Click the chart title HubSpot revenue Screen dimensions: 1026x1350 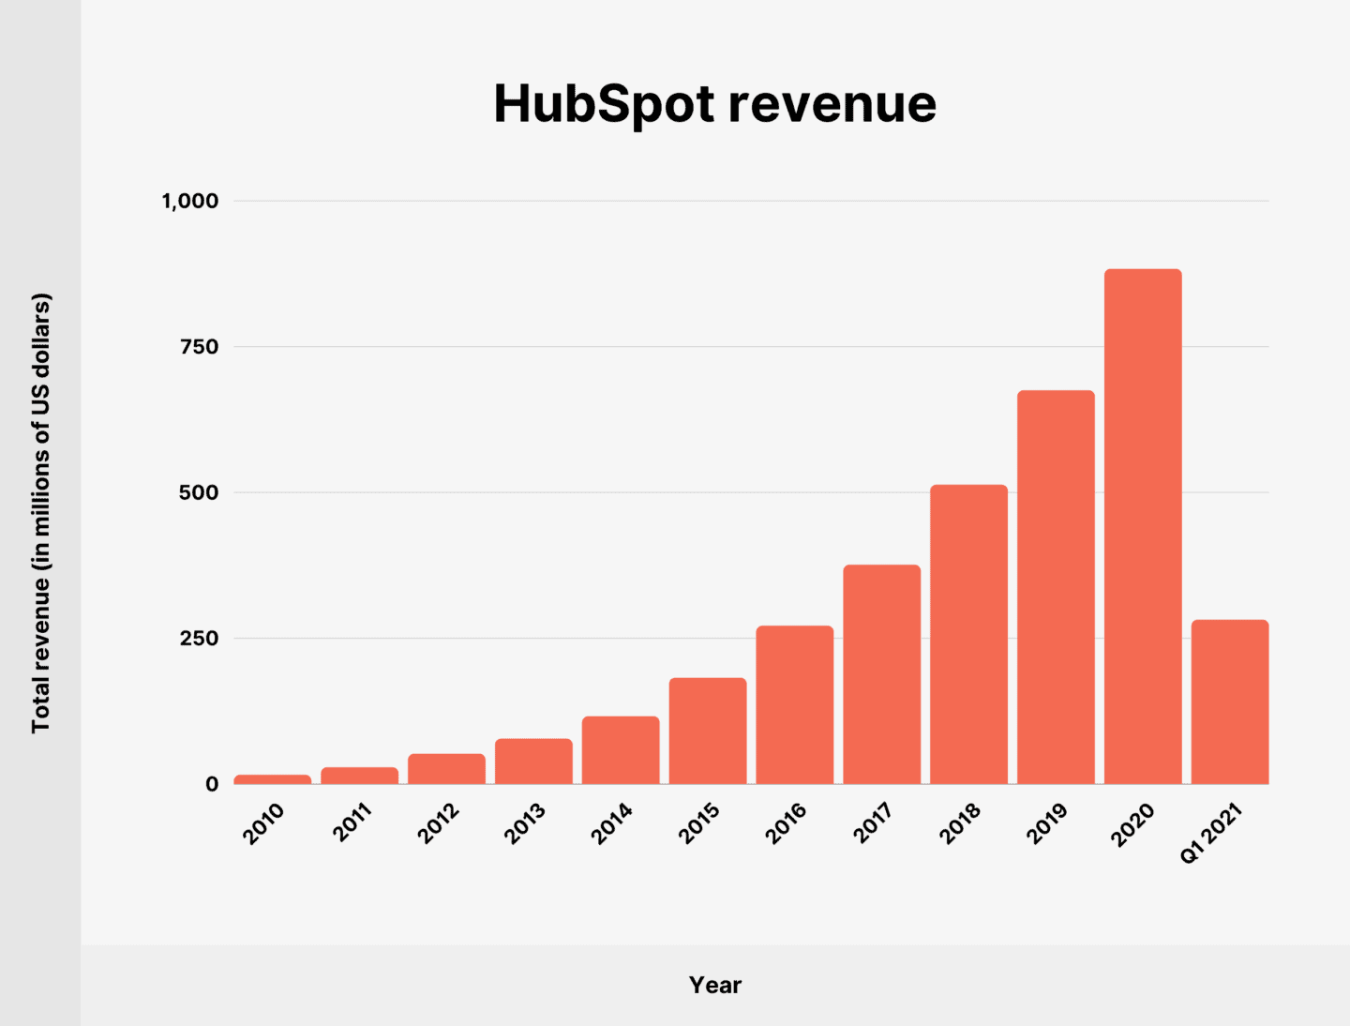click(714, 103)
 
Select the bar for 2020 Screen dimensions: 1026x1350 click(1143, 526)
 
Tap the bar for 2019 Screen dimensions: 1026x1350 click(1056, 587)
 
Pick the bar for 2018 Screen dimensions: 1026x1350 click(968, 634)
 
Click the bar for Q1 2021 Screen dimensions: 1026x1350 click(1230, 702)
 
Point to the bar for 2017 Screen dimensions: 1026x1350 click(881, 674)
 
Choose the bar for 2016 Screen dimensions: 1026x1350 click(795, 704)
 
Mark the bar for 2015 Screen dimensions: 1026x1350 click(708, 731)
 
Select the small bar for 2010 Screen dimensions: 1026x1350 click(272, 779)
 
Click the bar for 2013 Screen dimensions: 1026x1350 click(533, 762)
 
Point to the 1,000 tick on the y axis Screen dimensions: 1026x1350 click(190, 201)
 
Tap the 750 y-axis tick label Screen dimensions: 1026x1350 click(199, 347)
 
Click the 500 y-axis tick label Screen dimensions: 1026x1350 click(199, 492)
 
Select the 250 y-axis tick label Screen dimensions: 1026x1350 click(199, 639)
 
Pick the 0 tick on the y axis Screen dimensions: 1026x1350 click(212, 784)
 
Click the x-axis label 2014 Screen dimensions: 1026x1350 click(612, 823)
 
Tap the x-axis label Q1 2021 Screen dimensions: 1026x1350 click(1211, 832)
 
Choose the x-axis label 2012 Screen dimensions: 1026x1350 click(439, 823)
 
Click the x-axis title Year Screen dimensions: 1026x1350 click(714, 985)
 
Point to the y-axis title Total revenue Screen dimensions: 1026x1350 click(41, 513)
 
